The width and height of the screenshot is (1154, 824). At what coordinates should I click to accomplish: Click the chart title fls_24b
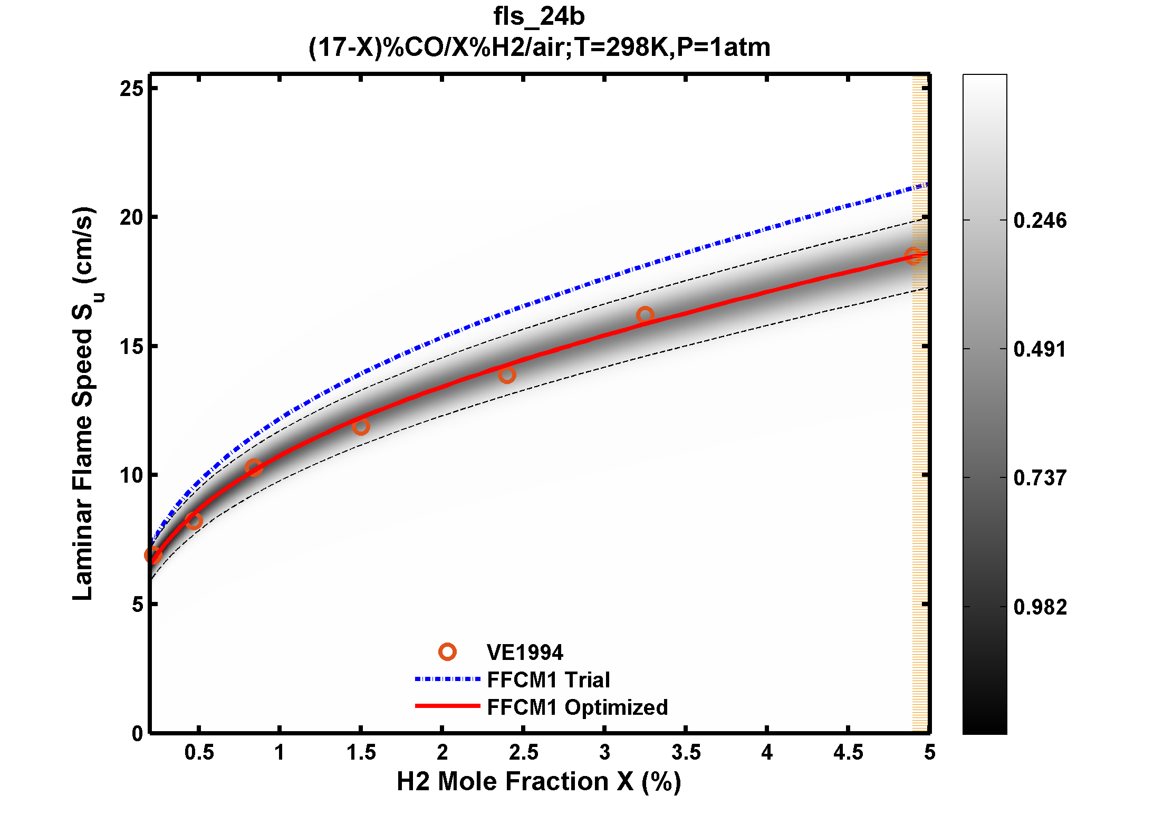pos(538,16)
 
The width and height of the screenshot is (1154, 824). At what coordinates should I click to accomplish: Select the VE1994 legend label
pos(524,653)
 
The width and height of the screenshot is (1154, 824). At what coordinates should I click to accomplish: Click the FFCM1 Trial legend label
pos(548,680)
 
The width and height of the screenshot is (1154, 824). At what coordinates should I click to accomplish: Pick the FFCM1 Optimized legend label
pos(577,707)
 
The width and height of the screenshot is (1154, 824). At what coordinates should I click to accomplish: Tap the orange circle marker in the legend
pos(447,652)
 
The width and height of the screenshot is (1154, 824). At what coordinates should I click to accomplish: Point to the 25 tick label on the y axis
pos(131,89)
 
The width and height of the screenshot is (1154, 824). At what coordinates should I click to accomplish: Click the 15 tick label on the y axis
pos(131,347)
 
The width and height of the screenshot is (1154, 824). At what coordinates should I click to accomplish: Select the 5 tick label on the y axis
pos(137,605)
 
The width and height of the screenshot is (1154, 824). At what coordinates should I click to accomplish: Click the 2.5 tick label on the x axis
pos(523,753)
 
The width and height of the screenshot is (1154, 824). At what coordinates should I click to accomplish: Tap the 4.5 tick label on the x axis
pos(848,753)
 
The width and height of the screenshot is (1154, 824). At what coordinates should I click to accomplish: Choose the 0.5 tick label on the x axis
pos(199,753)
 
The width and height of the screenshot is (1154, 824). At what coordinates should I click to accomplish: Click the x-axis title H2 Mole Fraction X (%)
pos(538,781)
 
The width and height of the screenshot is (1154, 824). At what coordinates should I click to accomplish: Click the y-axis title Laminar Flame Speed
pos(83,404)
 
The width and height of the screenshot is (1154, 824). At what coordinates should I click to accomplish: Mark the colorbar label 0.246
pos(1040,221)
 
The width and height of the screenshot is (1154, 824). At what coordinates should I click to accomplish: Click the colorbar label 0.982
pos(1040,607)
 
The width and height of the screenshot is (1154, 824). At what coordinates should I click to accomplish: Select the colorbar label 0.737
pos(1040,478)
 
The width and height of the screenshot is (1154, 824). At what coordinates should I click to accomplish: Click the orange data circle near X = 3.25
pos(645,315)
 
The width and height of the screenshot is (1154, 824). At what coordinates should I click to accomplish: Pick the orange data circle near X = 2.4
pos(507,375)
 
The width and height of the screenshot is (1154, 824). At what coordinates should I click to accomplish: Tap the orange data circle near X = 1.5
pos(361,427)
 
